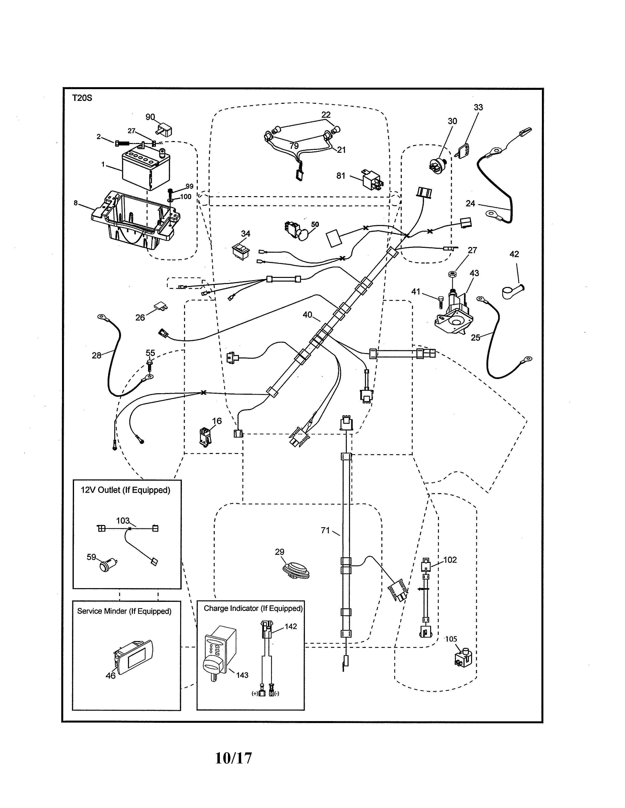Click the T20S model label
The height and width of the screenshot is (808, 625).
[x=82, y=98]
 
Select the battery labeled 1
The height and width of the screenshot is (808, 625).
[x=146, y=170]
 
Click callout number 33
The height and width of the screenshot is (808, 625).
[x=478, y=107]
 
